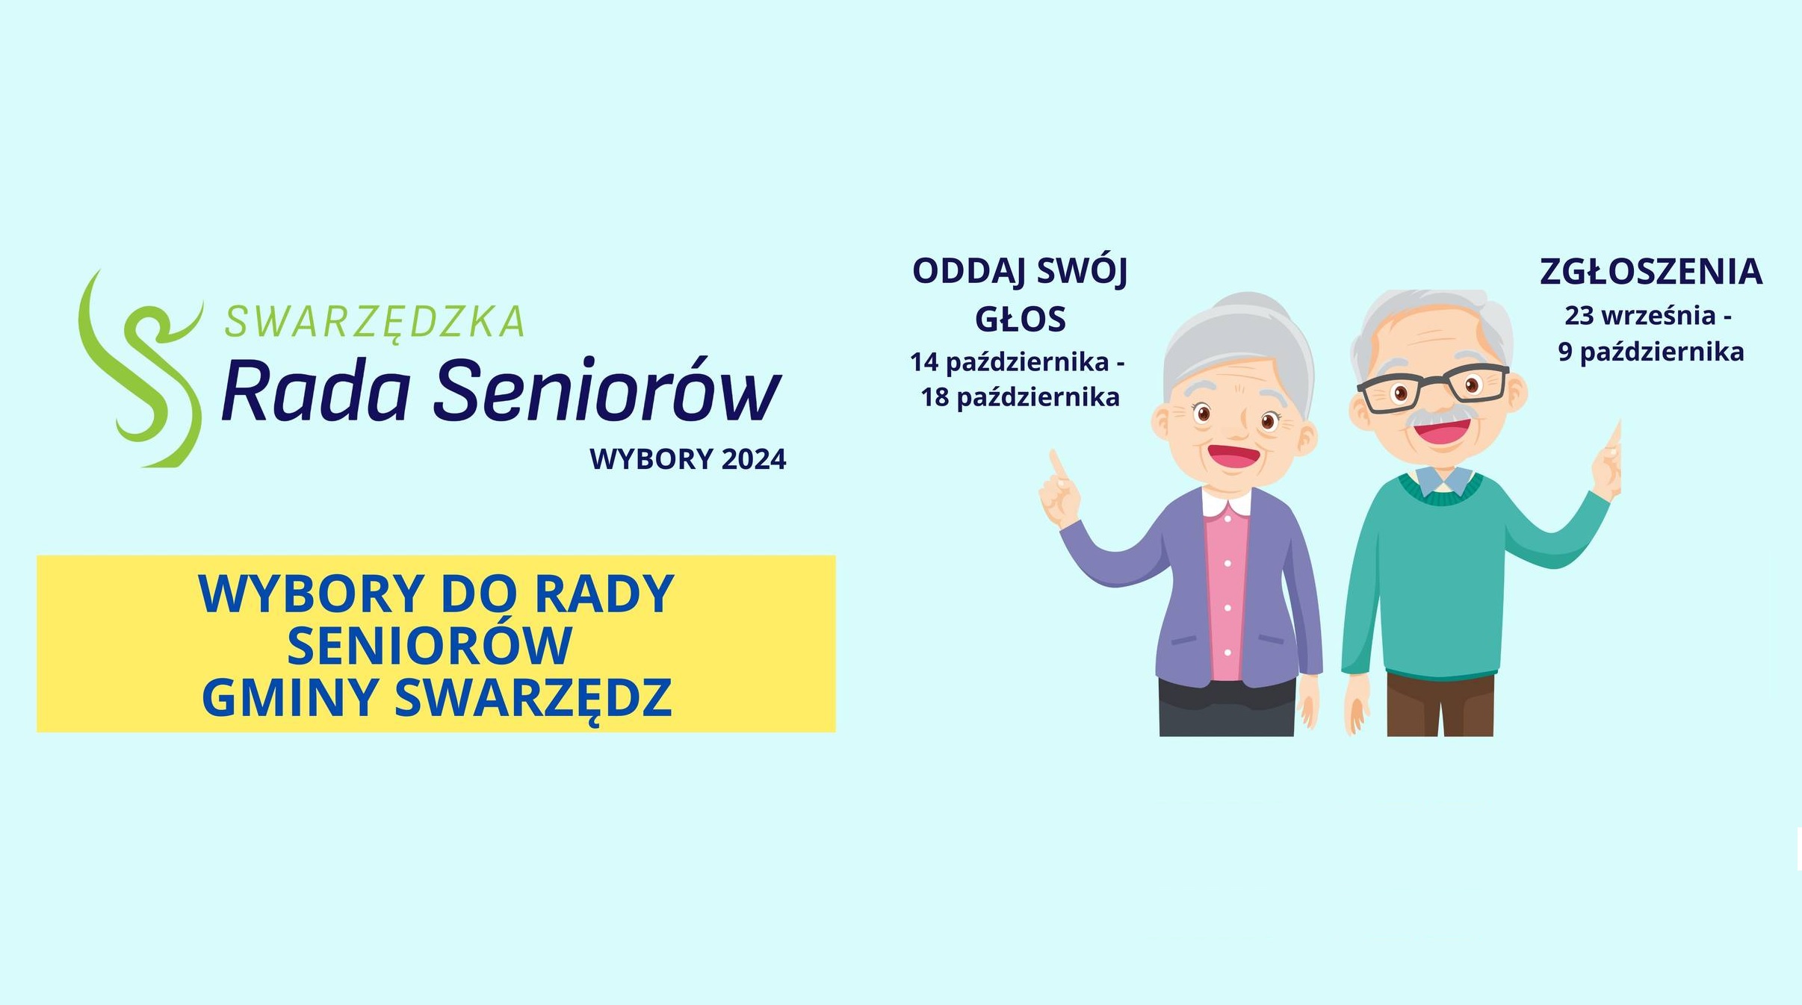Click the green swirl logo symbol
[x=142, y=373]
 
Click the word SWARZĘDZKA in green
[x=374, y=323]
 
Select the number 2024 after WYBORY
[x=753, y=459]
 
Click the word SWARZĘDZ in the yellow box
[x=533, y=699]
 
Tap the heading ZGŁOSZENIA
[x=1650, y=272]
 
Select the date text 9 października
[x=1650, y=352]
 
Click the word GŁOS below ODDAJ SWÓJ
[x=1020, y=320]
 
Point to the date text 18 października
[x=1020, y=397]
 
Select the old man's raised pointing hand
[x=1606, y=463]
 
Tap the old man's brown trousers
[x=1439, y=705]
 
